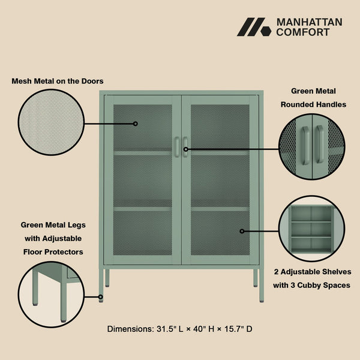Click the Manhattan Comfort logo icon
click(254, 27)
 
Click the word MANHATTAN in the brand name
click(309, 22)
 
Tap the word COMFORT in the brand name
click(302, 32)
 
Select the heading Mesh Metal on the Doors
click(58, 80)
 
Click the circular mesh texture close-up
click(51, 124)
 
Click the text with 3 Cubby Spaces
click(311, 285)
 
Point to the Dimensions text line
click(180, 329)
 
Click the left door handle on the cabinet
click(176, 148)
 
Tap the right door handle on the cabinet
click(185, 148)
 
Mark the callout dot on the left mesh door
click(136, 124)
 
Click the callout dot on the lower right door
click(242, 230)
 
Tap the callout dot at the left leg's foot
click(101, 296)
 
